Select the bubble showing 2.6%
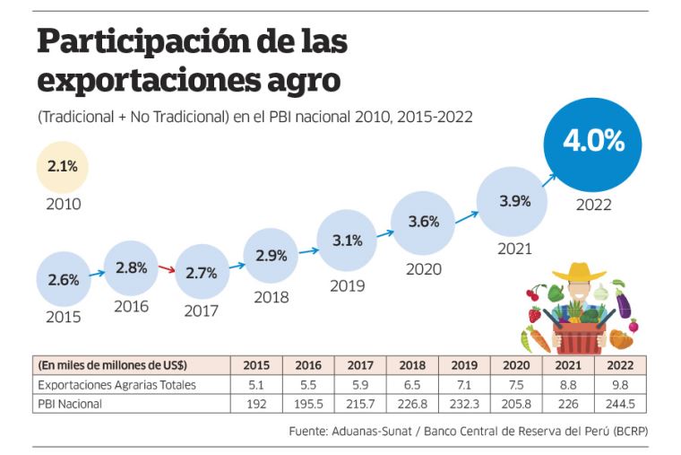(x=64, y=278)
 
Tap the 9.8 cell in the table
(x=621, y=385)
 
